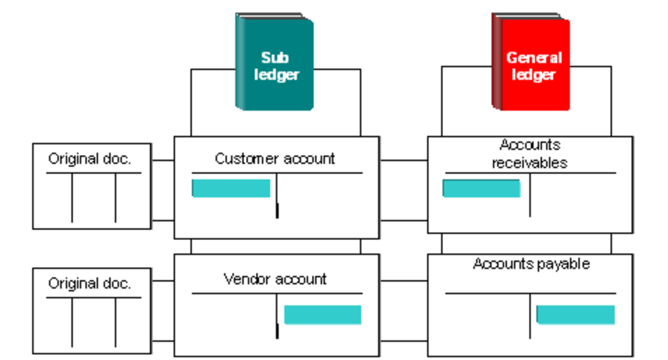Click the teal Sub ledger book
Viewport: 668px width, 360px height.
275,62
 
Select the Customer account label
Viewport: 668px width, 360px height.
275,158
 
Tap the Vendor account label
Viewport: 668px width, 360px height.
275,279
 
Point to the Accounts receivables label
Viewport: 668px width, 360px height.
530,154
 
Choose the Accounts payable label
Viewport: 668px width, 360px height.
531,264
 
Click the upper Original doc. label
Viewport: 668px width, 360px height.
89,159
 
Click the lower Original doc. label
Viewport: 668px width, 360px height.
89,283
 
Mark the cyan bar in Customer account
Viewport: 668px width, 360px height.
231,188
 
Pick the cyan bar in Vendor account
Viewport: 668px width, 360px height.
322,315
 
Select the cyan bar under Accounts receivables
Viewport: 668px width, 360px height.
481,188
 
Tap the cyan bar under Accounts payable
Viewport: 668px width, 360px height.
575,315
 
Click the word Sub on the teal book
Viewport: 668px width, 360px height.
275,57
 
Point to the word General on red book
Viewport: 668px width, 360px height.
534,57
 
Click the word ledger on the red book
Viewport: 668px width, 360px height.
533,75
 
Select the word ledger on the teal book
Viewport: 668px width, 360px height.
276,75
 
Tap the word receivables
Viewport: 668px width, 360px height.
530,163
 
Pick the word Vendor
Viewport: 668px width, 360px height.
245,279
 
